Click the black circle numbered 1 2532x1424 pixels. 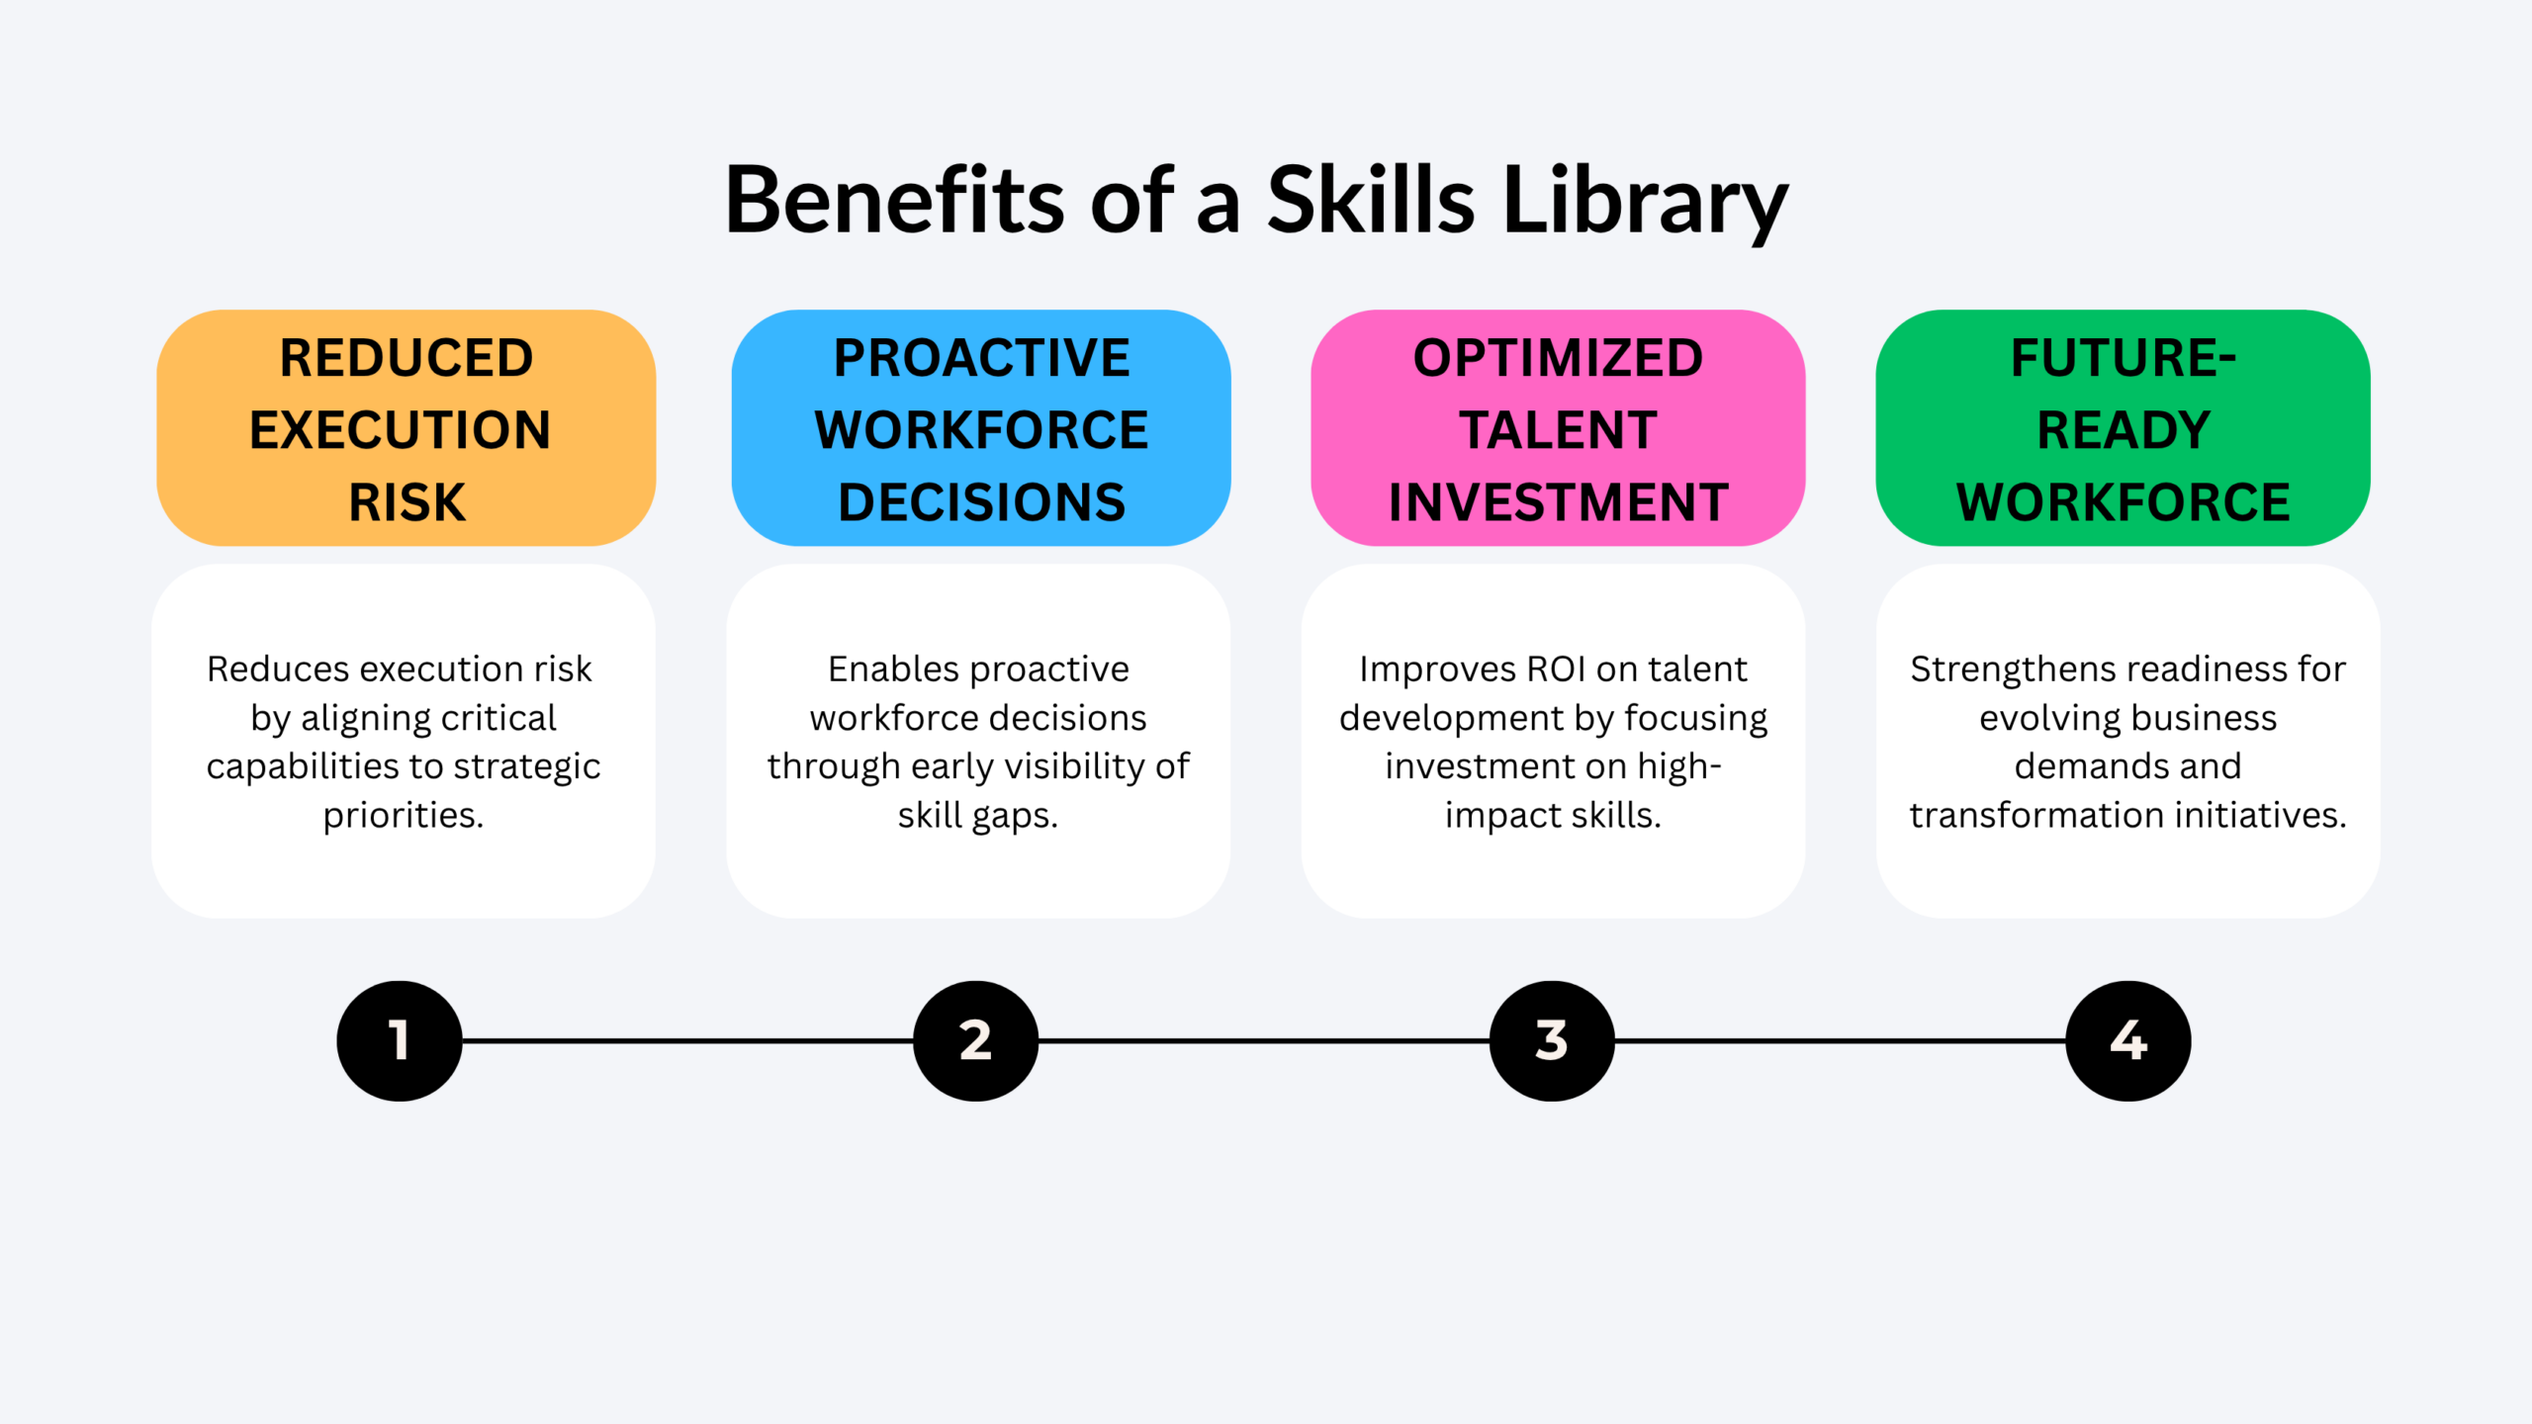tap(400, 1040)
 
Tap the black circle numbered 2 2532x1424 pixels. tap(975, 1040)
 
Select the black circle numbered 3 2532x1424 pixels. tap(1552, 1040)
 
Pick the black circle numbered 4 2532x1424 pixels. tap(2128, 1040)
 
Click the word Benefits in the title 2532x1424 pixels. tap(895, 200)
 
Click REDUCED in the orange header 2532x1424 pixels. tap(407, 357)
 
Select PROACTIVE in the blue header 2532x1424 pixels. tap(981, 357)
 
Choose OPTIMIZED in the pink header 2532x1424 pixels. tap(1558, 357)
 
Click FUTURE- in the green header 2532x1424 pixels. tap(2124, 357)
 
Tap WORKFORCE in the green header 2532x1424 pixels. tap(2124, 502)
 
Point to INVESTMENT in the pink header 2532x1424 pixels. tap(1558, 502)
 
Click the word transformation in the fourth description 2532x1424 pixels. tap(2035, 815)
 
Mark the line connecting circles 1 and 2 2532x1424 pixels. tap(687, 1040)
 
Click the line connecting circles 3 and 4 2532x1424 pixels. tap(1841, 1040)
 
